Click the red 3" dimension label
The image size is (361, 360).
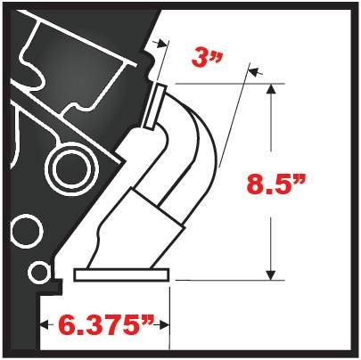click(x=207, y=58)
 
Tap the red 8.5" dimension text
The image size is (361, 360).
click(x=275, y=184)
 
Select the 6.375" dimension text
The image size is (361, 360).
click(x=106, y=324)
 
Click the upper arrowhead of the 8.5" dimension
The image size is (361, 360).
click(x=270, y=89)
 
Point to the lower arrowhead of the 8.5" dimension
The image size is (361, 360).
click(x=270, y=275)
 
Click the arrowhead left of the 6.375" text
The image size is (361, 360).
click(x=45, y=324)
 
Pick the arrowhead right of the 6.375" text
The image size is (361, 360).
click(x=164, y=324)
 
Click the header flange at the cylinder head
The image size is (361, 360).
click(x=154, y=106)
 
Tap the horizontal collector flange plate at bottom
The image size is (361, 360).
click(x=121, y=274)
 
